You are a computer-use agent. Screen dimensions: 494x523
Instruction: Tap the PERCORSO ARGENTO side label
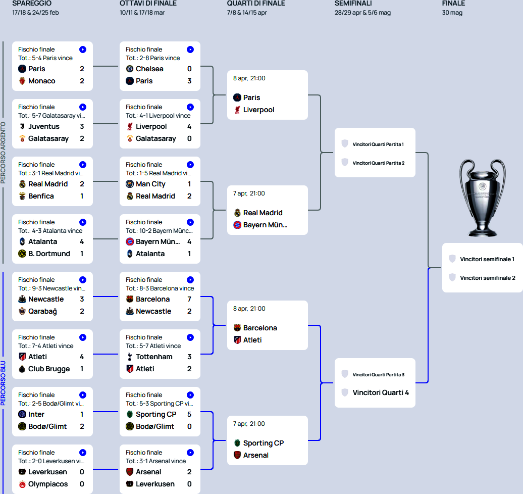pos(3,152)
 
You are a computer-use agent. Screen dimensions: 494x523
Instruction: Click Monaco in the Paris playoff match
pos(41,81)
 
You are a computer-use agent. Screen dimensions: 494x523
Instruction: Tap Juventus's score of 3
pos(82,126)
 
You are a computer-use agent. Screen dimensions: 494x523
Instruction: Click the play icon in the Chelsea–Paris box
pos(190,50)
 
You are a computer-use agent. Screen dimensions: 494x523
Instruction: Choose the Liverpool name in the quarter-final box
pos(258,110)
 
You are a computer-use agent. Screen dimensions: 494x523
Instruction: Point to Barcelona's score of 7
pos(189,299)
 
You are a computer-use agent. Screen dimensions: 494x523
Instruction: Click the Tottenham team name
pos(154,357)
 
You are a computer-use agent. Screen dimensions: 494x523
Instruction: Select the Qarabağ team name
pos(42,311)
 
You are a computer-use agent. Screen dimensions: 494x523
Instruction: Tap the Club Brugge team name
pos(49,369)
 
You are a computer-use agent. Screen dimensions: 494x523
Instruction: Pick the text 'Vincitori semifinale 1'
pos(487,259)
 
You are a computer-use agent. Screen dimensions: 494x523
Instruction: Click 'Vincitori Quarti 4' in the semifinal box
pos(381,392)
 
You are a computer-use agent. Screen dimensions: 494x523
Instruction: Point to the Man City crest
pos(130,184)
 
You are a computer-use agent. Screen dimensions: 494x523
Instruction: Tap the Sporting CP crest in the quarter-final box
pos(237,443)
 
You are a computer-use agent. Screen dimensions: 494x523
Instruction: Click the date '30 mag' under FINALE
pos(452,13)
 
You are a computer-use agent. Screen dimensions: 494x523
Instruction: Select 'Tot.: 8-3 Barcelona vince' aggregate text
pos(160,288)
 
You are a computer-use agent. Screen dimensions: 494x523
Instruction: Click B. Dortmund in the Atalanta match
pos(49,254)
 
